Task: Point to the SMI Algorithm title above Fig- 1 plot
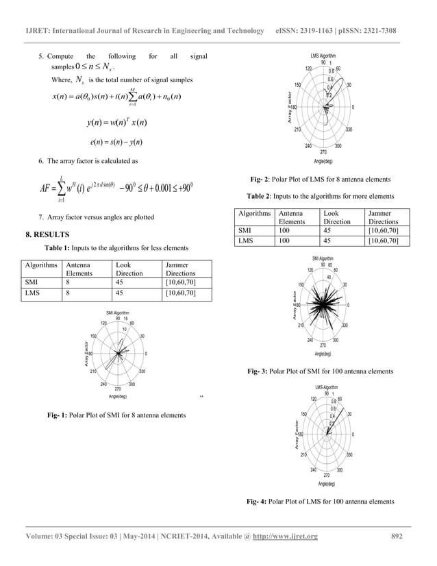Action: coord(117,312)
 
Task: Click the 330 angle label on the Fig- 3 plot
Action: coord(345,325)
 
